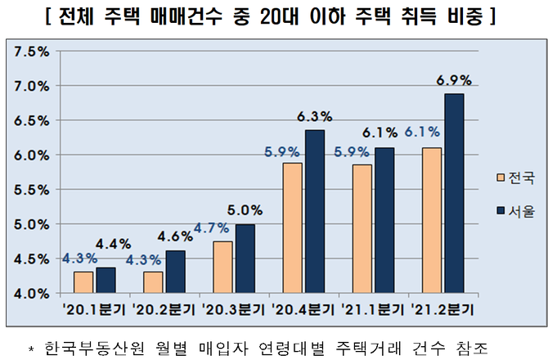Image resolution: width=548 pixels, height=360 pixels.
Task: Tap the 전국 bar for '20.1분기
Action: (x=83, y=281)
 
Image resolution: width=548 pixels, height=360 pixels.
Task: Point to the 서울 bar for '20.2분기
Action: (x=176, y=272)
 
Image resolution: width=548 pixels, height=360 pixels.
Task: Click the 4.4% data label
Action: (x=109, y=243)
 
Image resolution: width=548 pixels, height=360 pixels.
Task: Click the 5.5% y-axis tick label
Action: (x=32, y=189)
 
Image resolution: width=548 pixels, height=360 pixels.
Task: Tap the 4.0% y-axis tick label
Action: (x=32, y=292)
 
